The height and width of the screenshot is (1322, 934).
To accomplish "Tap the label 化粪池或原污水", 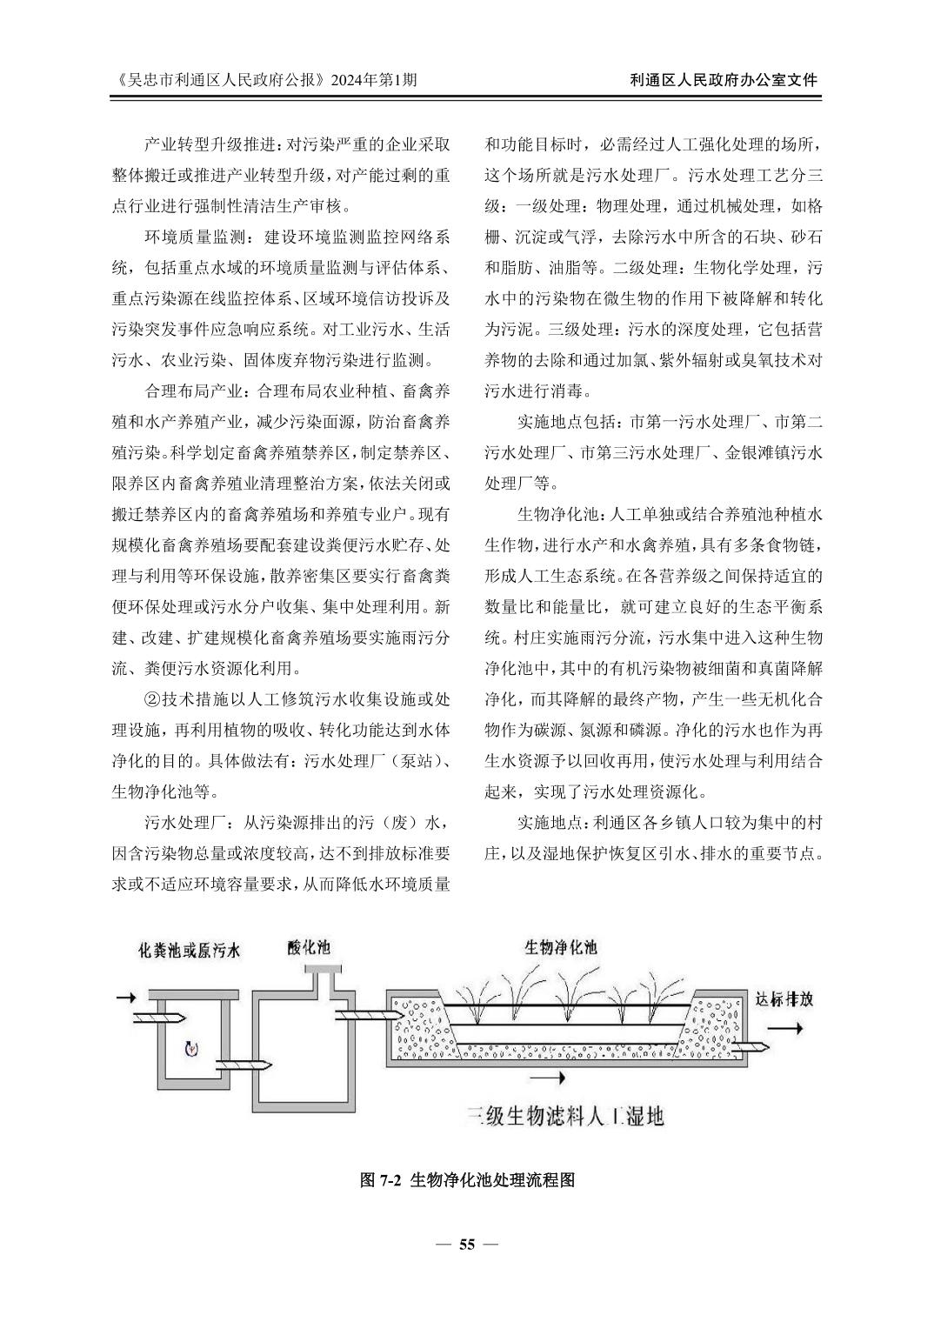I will (x=190, y=950).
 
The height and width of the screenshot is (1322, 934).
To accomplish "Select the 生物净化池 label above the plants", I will (x=561, y=945).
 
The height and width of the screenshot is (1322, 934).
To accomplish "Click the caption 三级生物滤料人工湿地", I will (x=565, y=1114).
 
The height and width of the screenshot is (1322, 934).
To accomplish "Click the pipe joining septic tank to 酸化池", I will (x=234, y=1066).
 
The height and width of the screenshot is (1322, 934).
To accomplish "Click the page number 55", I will (x=467, y=1244).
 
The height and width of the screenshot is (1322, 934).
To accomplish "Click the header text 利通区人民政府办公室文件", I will (x=723, y=80).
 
